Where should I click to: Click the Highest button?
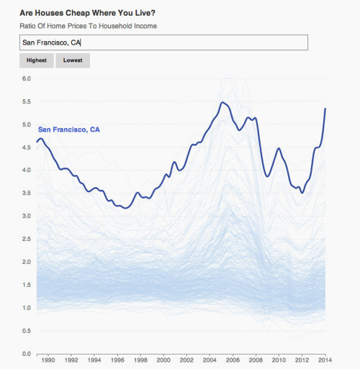36,60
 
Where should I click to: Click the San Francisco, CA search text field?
164,43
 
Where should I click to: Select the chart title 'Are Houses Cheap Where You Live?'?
88,13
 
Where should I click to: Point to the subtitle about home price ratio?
88,26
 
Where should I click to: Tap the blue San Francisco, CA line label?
69,129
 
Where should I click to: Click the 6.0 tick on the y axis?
27,79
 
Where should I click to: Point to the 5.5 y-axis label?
27,101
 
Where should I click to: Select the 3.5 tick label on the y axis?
27,193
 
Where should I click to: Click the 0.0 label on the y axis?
27,354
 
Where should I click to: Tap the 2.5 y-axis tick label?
27,239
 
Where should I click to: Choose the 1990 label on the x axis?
48,360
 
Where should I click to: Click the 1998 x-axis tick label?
141,360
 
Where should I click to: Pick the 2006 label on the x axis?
233,360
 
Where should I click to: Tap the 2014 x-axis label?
325,360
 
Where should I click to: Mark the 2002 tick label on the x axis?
187,360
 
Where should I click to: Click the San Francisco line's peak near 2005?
223,103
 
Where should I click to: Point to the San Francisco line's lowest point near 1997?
126,208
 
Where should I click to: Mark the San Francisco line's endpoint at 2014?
325,109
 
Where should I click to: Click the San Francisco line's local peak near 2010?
279,148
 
